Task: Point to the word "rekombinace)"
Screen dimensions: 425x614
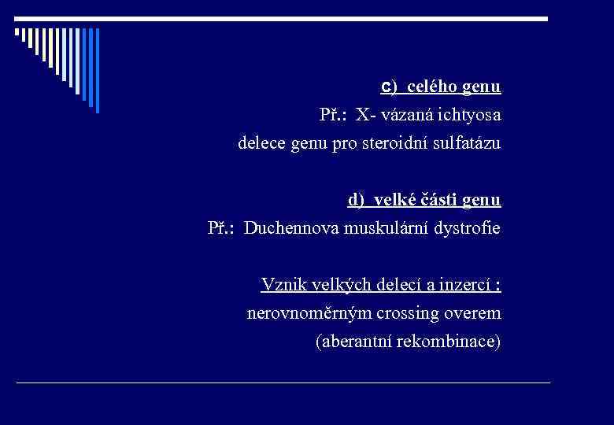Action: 449,342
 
